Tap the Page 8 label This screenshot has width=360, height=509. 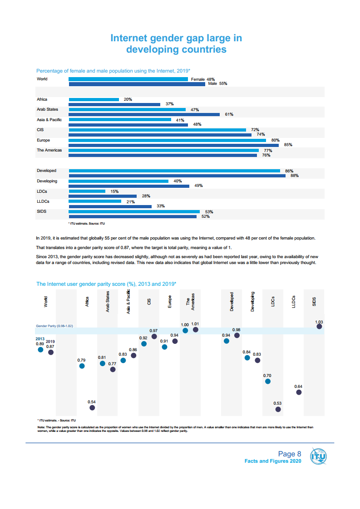click(x=290, y=454)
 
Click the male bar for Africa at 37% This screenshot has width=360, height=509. click(x=114, y=104)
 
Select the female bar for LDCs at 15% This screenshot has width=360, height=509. click(x=87, y=191)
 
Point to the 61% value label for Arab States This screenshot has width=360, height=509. click(x=229, y=114)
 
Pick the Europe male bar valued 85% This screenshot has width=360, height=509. click(x=173, y=145)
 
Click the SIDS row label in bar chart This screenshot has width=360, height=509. click(x=41, y=211)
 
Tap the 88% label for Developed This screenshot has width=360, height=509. click(x=295, y=176)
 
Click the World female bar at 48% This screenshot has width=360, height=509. click(x=128, y=79)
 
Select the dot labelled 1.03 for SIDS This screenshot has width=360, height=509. click(x=319, y=326)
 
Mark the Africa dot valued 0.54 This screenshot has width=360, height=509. click(x=92, y=408)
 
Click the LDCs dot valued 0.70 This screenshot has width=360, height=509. click(x=268, y=382)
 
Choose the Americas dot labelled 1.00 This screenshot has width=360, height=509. click(x=185, y=331)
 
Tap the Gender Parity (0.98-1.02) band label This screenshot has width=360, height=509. click(x=54, y=326)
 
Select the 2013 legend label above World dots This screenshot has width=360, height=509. click(x=40, y=338)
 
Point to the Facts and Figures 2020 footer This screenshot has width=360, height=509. click(x=273, y=461)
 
